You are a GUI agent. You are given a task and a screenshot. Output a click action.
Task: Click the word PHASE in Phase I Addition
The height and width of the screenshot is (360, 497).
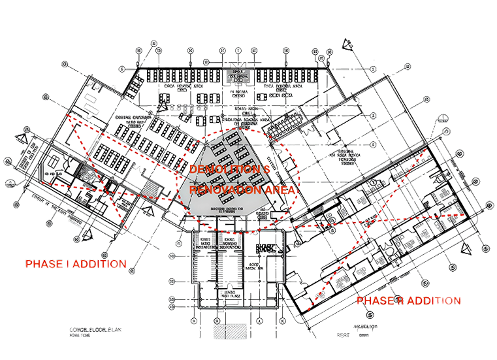[x=42, y=264]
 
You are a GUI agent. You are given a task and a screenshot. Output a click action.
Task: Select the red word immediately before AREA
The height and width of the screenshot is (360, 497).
[x=227, y=189]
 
